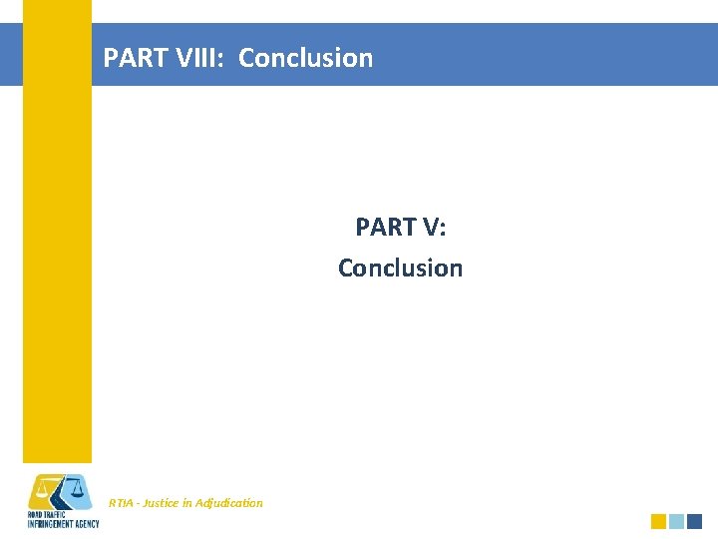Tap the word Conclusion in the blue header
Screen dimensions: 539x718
tap(305, 58)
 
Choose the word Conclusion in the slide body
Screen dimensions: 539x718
tap(400, 268)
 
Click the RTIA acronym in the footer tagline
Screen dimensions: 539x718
tap(121, 503)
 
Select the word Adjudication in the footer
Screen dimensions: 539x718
tap(230, 503)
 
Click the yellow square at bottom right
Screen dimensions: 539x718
tap(658, 521)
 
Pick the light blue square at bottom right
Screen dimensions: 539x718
tap(676, 521)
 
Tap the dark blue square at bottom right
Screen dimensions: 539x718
tap(695, 521)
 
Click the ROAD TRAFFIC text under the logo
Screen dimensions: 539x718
tap(46, 515)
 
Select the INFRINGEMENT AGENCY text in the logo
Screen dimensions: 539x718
tap(63, 524)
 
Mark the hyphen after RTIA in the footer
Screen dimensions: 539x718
tap(137, 503)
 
